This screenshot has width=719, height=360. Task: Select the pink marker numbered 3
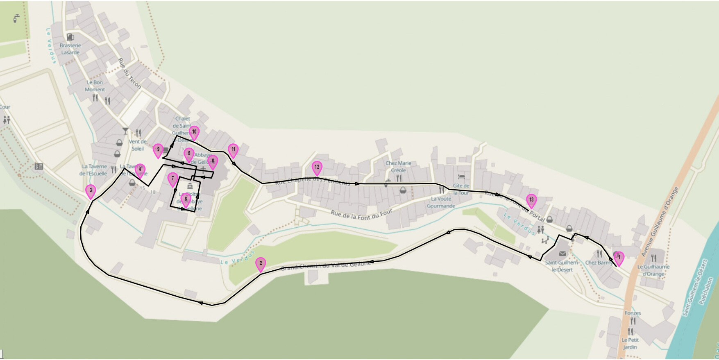(x=91, y=191)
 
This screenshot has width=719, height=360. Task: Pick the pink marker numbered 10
(x=194, y=132)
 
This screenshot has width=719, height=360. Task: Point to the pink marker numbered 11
(x=233, y=150)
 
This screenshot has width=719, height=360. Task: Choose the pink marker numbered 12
(x=317, y=168)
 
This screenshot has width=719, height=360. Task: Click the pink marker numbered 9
(x=158, y=150)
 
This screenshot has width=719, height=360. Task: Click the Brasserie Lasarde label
(x=70, y=49)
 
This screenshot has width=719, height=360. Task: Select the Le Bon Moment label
(x=95, y=86)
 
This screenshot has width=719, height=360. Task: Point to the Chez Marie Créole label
(x=398, y=166)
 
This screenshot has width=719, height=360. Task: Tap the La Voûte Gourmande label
(x=441, y=202)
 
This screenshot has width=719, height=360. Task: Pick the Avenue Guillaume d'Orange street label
(x=660, y=221)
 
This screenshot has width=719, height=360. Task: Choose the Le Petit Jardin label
(x=630, y=343)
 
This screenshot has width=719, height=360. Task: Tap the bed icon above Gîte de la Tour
(x=461, y=177)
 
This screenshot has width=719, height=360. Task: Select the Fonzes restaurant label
(x=633, y=313)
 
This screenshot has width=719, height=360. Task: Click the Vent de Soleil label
(x=138, y=145)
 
